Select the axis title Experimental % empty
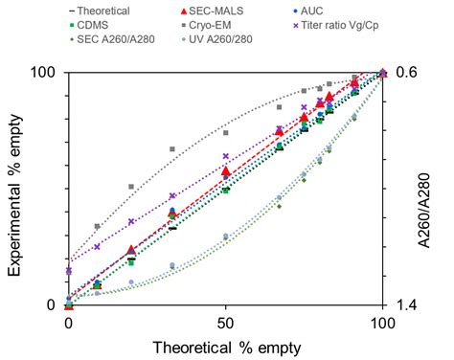(x=16, y=190)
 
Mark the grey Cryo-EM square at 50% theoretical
(x=226, y=132)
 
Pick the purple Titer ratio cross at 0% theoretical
(x=68, y=271)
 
